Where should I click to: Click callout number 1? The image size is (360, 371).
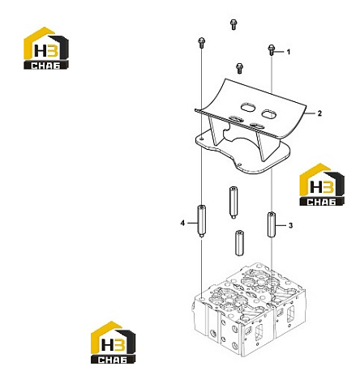click(x=289, y=52)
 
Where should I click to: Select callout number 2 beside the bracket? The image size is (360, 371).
click(x=319, y=113)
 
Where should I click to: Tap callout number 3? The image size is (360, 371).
click(x=290, y=225)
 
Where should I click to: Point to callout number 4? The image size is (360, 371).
click(x=182, y=223)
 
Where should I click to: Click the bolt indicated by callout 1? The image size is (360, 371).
click(x=272, y=50)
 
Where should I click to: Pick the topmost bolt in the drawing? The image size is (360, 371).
click(x=234, y=24)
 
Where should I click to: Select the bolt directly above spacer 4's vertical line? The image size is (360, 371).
click(x=201, y=43)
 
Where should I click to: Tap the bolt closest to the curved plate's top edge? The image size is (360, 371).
click(x=239, y=68)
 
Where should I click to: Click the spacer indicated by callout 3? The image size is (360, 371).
click(x=272, y=224)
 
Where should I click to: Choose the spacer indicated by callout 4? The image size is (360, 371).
click(x=201, y=221)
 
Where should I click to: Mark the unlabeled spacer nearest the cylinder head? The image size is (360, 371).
click(x=239, y=243)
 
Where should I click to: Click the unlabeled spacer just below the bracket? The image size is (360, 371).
click(x=233, y=203)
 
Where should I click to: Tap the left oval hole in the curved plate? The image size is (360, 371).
click(x=247, y=108)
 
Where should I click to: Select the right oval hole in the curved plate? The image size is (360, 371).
click(x=269, y=113)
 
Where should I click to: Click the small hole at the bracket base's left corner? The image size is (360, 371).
click(x=202, y=139)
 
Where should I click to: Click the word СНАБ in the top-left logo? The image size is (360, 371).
click(x=45, y=66)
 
